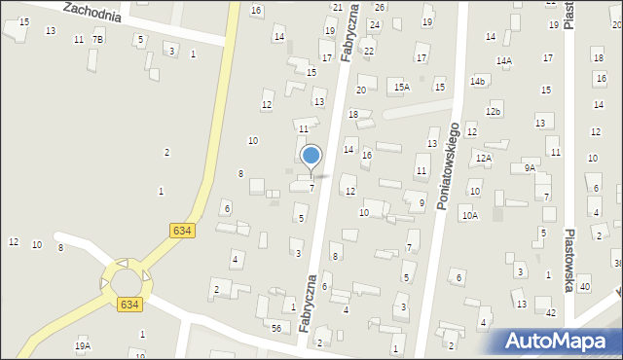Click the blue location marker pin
click(x=311, y=157)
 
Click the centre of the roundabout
click(x=126, y=283)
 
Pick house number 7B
click(x=97, y=39)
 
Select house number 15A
click(x=402, y=88)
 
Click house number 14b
click(x=477, y=81)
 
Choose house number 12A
click(x=484, y=158)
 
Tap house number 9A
click(x=530, y=168)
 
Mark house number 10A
click(x=470, y=216)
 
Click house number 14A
click(x=503, y=61)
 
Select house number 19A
click(x=83, y=345)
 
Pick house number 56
click(x=276, y=329)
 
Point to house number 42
click(x=550, y=312)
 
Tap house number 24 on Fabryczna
click(x=374, y=25)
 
